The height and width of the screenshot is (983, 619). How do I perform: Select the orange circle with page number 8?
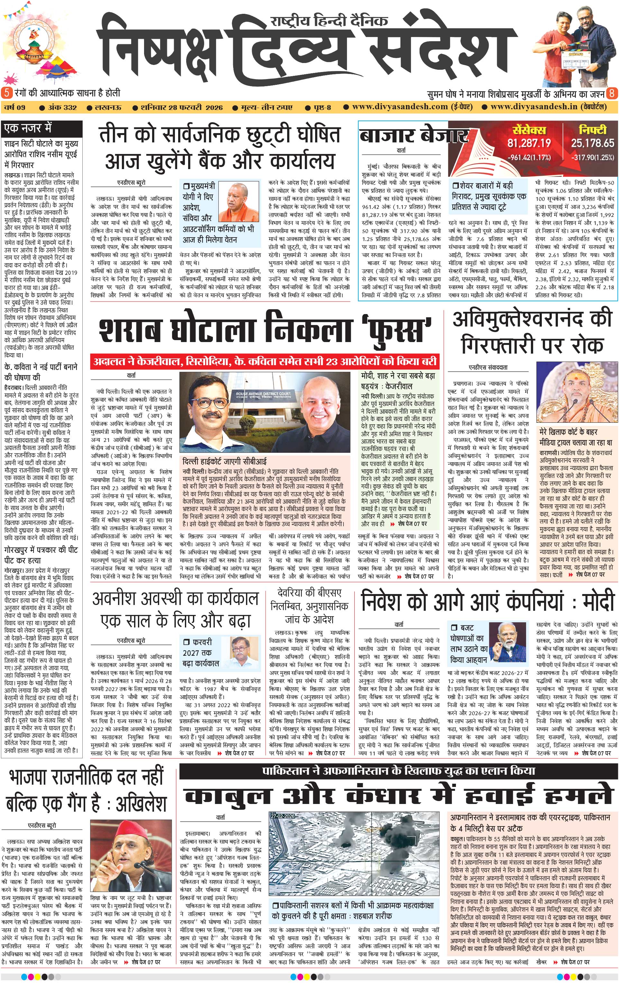coord(612,93)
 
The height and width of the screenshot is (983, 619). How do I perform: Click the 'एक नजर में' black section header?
coord(29,128)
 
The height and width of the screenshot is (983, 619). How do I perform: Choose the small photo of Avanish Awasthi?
coord(245,653)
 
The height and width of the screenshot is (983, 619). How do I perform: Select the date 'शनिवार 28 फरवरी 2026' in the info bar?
coord(182,107)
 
